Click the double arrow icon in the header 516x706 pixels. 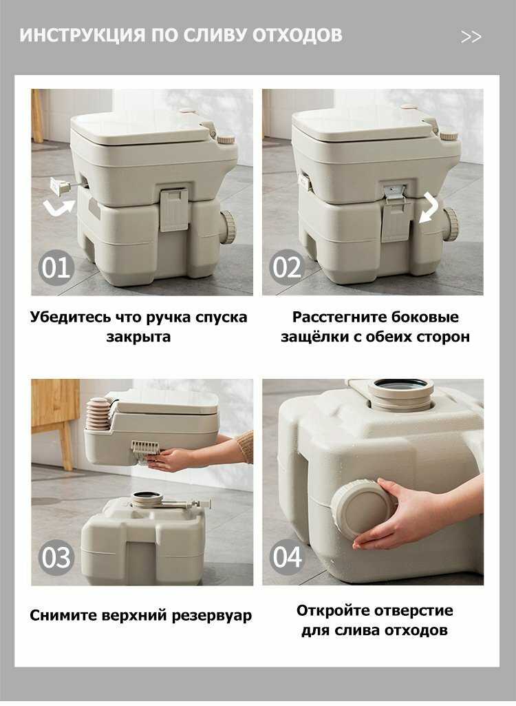coord(471,37)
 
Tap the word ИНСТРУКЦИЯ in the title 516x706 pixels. coord(83,35)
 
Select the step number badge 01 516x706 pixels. coord(56,268)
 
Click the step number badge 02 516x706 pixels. coord(287,267)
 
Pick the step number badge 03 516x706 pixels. coord(56,557)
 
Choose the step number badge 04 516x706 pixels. coord(287,557)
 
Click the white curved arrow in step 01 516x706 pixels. coord(59,208)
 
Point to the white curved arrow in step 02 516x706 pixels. coord(429,208)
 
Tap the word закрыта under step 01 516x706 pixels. coord(138,337)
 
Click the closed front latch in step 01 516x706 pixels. coord(173,209)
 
